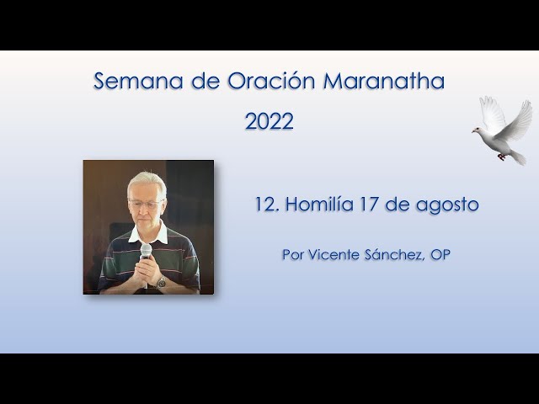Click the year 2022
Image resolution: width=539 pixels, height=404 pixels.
pyautogui.click(x=269, y=121)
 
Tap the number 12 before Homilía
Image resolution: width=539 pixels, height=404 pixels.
pyautogui.click(x=264, y=205)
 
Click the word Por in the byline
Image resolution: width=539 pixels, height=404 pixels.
pyautogui.click(x=293, y=254)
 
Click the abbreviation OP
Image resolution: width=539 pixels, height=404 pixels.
pyautogui.click(x=440, y=254)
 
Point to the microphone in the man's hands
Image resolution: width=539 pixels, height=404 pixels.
pyautogui.click(x=147, y=252)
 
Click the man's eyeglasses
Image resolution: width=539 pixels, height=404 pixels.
pyautogui.click(x=145, y=204)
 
